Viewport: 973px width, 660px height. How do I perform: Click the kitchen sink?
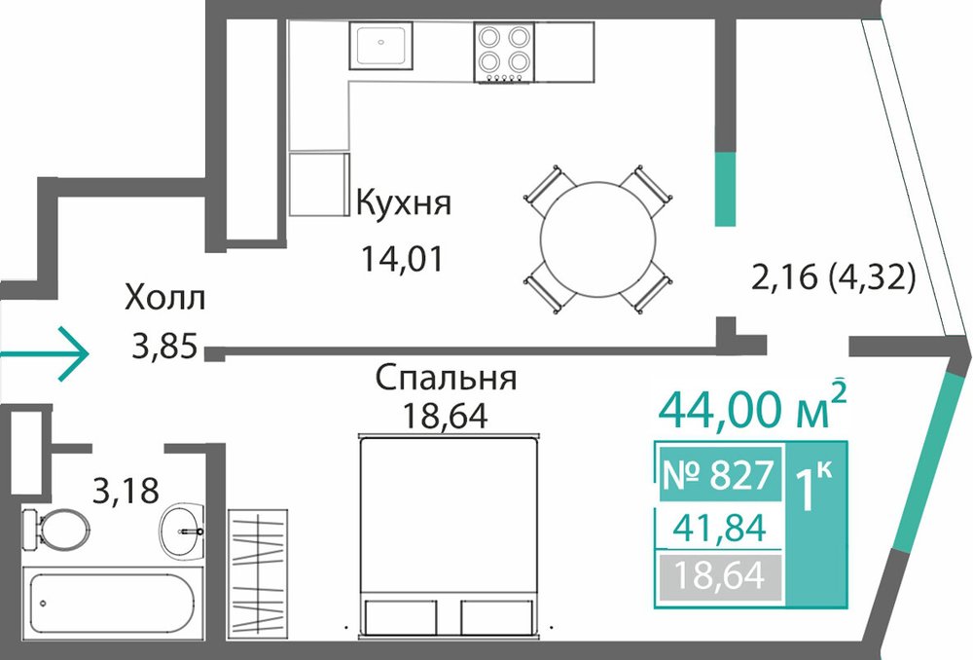tap(380, 45)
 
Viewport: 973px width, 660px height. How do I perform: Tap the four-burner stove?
tap(504, 53)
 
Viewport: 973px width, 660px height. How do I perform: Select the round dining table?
tap(598, 240)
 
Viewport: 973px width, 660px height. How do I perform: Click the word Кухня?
tap(404, 202)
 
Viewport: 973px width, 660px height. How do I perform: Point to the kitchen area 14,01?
tap(403, 259)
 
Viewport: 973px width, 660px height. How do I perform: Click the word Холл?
tap(164, 298)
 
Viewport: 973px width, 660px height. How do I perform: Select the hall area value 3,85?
tap(164, 347)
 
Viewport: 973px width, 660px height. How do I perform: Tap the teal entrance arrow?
tap(45, 353)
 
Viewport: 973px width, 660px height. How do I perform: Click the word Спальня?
tap(446, 379)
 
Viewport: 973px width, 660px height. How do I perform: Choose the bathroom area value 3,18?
tap(126, 491)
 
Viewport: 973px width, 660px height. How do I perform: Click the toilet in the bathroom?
tap(54, 529)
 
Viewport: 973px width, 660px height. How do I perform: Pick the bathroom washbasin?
tap(181, 531)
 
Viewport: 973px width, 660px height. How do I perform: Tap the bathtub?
tap(112, 603)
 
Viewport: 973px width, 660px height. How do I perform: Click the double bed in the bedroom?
tap(447, 535)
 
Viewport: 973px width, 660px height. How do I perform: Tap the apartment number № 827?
tap(719, 475)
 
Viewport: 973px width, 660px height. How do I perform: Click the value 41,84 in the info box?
tap(719, 528)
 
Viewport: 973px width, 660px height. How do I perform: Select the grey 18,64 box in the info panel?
tap(720, 577)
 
